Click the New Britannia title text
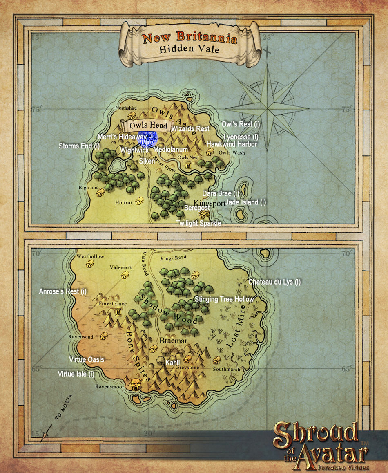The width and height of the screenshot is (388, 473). coord(190,39)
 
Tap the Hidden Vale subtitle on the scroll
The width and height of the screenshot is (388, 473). coord(190,50)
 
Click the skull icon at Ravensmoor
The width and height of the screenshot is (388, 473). coord(136,384)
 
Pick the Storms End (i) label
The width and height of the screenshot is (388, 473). coord(79,146)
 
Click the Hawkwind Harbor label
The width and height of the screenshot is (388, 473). coord(232,144)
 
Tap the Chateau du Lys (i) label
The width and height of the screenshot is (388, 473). coord(274,282)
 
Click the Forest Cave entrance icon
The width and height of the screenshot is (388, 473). coord(119,312)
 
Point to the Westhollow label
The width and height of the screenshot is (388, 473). coord(90,257)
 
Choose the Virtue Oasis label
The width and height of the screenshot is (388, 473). coord(87,360)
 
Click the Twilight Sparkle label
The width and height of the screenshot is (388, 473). coord(198,223)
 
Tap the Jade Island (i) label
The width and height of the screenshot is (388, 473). coord(246,202)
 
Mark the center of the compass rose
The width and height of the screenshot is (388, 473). coord(267,109)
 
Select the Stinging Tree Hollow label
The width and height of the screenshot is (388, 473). coord(224,299)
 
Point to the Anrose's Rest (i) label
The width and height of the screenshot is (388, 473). coord(63,291)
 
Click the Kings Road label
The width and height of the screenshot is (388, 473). coord(173,258)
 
